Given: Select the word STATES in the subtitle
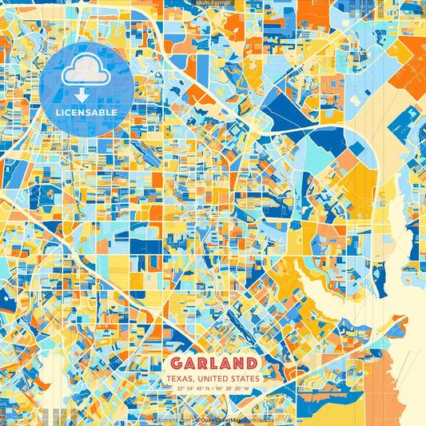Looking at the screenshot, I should click(x=243, y=378).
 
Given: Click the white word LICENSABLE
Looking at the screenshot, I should click(x=86, y=113).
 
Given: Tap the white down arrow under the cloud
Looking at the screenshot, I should click(x=86, y=94).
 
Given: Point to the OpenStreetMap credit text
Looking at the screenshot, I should click(x=232, y=418).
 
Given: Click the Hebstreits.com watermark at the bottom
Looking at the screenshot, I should click(x=172, y=418).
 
